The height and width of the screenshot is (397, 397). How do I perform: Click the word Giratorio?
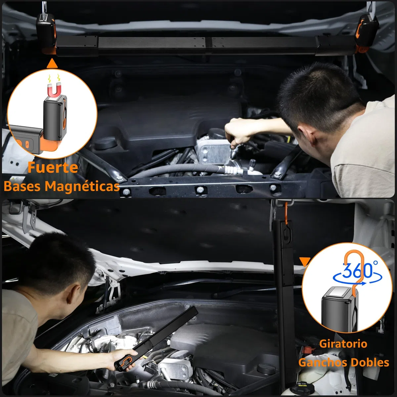click(343, 344)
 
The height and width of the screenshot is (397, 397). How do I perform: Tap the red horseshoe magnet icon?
click(54, 90)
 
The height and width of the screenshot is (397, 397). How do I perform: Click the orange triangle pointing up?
click(52, 64)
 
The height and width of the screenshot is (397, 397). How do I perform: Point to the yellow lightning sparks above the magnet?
click(54, 78)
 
